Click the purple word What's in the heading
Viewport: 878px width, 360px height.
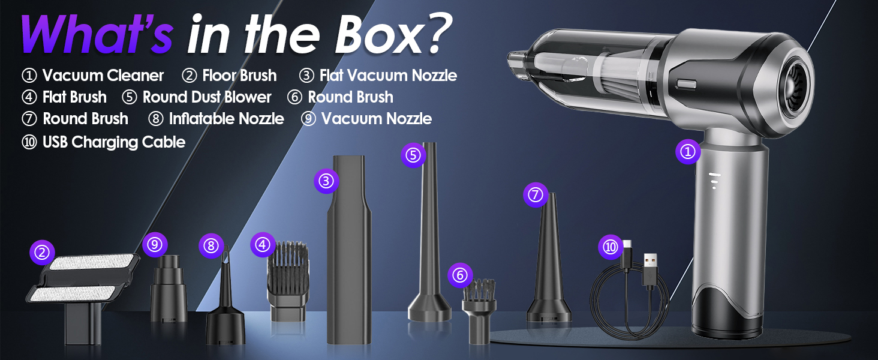click(x=97, y=34)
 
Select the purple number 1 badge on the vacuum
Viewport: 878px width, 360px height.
click(x=688, y=152)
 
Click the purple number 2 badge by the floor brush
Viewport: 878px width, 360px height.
click(x=42, y=253)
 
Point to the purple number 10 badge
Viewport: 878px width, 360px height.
click(x=611, y=247)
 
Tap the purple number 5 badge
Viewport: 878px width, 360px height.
click(x=413, y=155)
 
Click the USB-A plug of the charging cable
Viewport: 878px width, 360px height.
click(x=650, y=270)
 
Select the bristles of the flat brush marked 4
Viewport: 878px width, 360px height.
click(x=288, y=266)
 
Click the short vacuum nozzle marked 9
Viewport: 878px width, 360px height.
click(x=169, y=289)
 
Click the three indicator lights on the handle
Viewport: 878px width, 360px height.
click(x=714, y=181)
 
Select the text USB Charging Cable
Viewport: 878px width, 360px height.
click(x=114, y=142)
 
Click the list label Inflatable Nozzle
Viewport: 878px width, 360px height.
click(x=226, y=118)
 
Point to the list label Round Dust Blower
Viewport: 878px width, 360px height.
click(x=206, y=97)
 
